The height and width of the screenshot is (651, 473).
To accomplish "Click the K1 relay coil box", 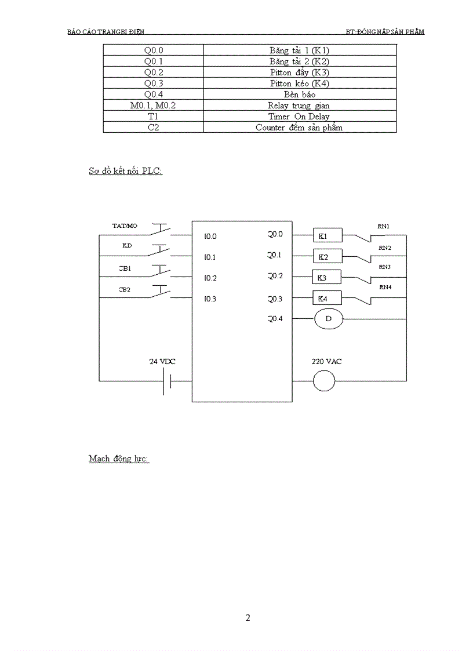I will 328,235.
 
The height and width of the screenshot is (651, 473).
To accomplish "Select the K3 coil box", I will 326,277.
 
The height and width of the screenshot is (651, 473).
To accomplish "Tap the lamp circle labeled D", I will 329,319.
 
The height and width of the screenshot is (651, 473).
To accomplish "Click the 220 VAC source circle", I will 324,381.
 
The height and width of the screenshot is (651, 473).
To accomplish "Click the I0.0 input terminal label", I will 210,237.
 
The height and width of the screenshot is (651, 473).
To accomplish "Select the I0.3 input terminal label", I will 210,299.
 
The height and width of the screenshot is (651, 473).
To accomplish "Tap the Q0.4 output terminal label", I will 275,318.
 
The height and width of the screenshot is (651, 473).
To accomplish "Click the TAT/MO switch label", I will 125,226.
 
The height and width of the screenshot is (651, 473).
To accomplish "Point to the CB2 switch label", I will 125,288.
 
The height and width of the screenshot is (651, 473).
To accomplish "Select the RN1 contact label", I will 384,226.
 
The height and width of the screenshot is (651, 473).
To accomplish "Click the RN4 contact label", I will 385,287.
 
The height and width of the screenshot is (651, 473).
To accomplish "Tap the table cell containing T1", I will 153,117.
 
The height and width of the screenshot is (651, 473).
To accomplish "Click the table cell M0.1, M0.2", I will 153,106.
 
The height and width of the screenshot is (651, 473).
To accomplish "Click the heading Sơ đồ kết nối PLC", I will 125,172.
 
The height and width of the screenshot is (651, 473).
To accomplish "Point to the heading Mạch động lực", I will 119,459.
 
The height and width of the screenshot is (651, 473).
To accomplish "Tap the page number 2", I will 248,618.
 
